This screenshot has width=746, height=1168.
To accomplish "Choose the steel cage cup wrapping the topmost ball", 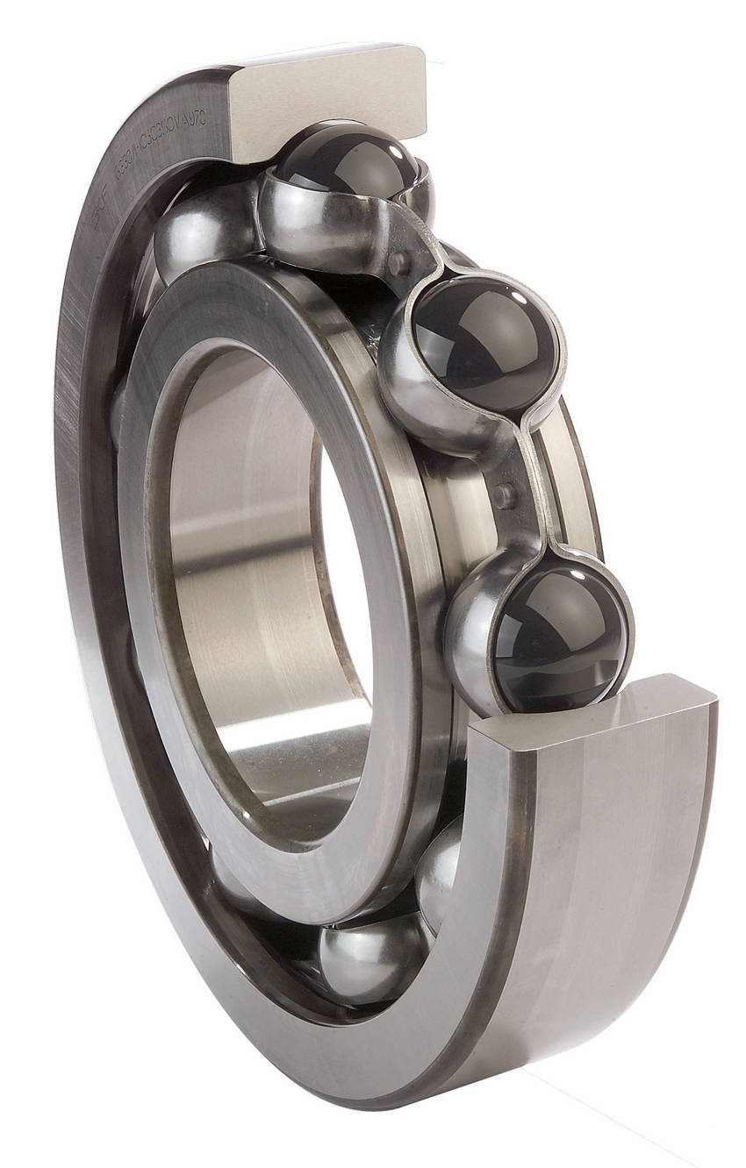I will [x=307, y=219].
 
